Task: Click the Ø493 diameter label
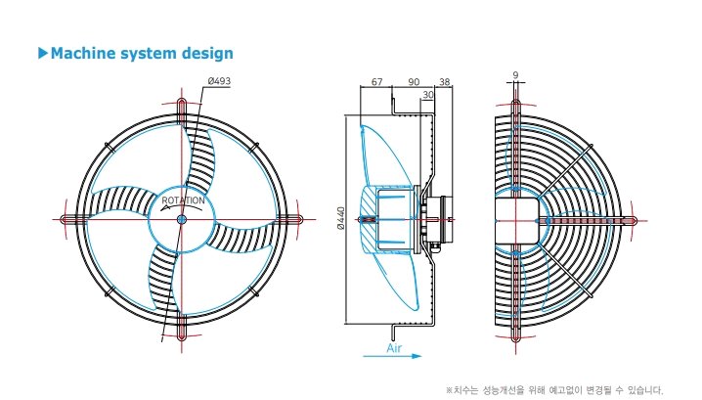(219, 81)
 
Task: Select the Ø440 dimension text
(341, 218)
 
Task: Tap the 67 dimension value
(377, 82)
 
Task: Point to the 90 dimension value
(414, 82)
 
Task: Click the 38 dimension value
(444, 82)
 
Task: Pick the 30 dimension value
(428, 95)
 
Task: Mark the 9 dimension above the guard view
(515, 75)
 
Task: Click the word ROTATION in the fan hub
(183, 200)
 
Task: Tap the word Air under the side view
(394, 348)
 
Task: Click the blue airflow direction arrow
(392, 356)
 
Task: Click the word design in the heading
(207, 54)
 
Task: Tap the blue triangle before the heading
(43, 53)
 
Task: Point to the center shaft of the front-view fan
(181, 219)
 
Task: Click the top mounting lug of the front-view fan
(181, 109)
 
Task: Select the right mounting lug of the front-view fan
(291, 219)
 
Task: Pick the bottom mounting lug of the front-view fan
(181, 330)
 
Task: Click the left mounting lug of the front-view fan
(72, 219)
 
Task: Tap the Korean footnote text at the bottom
(554, 390)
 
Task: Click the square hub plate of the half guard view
(516, 220)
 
